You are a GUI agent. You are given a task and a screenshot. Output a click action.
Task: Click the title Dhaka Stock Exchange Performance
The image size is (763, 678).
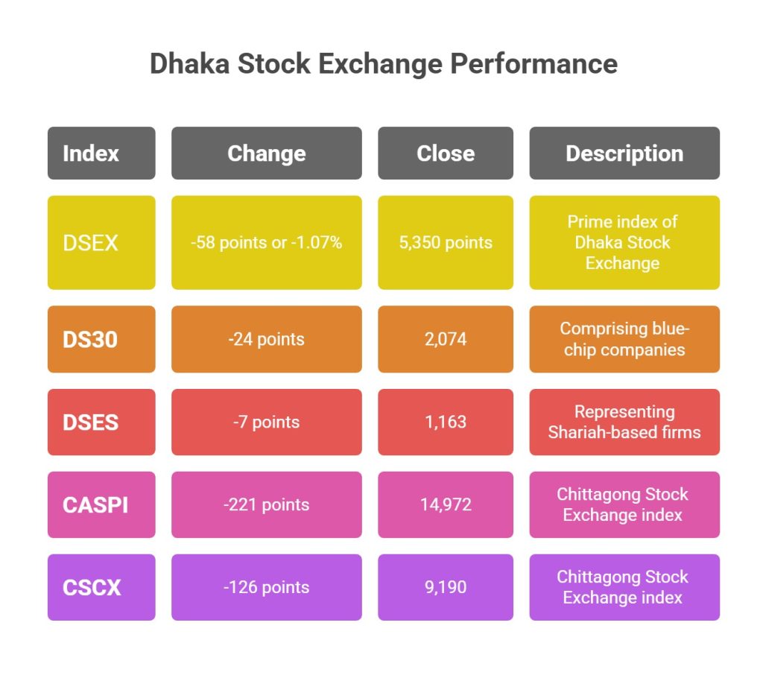point(384,64)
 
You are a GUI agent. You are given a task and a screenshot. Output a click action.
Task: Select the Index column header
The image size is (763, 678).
point(101,153)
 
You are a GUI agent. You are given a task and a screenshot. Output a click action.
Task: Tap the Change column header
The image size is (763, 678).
point(267,153)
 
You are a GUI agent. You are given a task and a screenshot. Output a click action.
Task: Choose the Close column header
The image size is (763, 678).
point(446,153)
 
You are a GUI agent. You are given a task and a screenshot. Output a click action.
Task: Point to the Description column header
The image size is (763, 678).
point(624,153)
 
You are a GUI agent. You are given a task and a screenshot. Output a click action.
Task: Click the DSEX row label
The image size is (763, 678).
point(101,242)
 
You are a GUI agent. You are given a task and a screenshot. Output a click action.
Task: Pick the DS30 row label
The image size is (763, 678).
point(101,339)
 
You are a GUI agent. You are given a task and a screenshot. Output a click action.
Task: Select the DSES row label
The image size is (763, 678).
point(101,422)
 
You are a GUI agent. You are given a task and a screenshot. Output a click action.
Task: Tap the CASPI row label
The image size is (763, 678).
point(101,504)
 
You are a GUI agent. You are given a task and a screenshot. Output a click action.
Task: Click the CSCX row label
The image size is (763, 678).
point(101,587)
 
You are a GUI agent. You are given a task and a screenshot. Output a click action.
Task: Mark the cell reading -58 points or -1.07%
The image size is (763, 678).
point(267,242)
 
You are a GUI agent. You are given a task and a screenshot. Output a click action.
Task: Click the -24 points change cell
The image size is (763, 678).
point(267,339)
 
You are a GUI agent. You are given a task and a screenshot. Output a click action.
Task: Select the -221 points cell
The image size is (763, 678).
point(267,504)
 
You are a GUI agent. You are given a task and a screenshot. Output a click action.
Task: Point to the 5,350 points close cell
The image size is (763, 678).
point(446,242)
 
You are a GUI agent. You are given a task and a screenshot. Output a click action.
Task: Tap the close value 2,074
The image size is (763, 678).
point(446,339)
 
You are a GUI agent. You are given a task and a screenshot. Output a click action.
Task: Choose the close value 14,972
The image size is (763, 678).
point(446,504)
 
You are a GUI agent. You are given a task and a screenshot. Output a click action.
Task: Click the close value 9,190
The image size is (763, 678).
point(446,587)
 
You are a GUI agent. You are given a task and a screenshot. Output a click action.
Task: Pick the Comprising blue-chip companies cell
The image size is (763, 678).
point(624,339)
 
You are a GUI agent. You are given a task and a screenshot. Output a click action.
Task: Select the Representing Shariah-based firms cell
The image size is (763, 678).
point(624,422)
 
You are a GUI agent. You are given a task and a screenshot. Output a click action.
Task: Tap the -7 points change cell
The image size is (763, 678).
point(267,422)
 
